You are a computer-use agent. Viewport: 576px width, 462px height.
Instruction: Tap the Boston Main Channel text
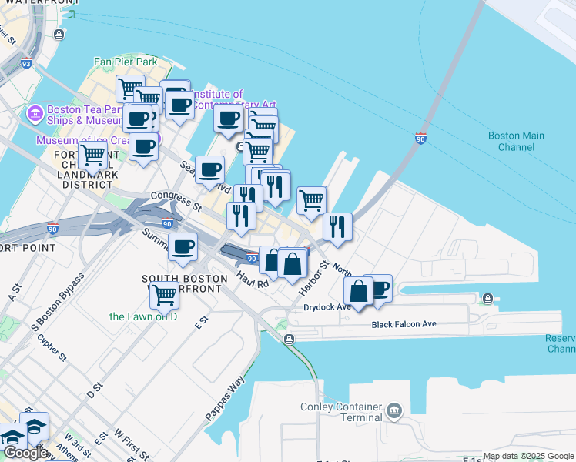pos(516,141)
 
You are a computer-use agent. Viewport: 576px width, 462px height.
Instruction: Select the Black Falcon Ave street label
pos(404,324)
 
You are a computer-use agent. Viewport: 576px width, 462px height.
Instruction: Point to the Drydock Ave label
pos(327,306)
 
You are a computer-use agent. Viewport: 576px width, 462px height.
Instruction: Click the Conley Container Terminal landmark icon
pos(395,409)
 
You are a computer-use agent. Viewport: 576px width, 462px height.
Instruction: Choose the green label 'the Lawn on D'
pos(143,316)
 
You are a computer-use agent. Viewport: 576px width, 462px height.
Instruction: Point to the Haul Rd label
pos(252,280)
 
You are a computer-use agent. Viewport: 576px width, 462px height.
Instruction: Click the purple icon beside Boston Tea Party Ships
pos(34,114)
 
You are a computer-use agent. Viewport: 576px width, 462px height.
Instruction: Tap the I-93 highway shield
pos(26,64)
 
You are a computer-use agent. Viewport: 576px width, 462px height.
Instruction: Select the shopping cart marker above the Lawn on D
pos(165,293)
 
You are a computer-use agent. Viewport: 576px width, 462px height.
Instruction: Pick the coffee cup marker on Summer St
pos(183,247)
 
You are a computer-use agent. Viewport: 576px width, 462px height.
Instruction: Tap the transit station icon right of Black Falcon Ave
pos(487,299)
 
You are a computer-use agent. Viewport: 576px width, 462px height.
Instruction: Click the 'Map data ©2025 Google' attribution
pos(528,457)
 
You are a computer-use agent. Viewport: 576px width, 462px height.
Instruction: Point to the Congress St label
pos(176,202)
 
